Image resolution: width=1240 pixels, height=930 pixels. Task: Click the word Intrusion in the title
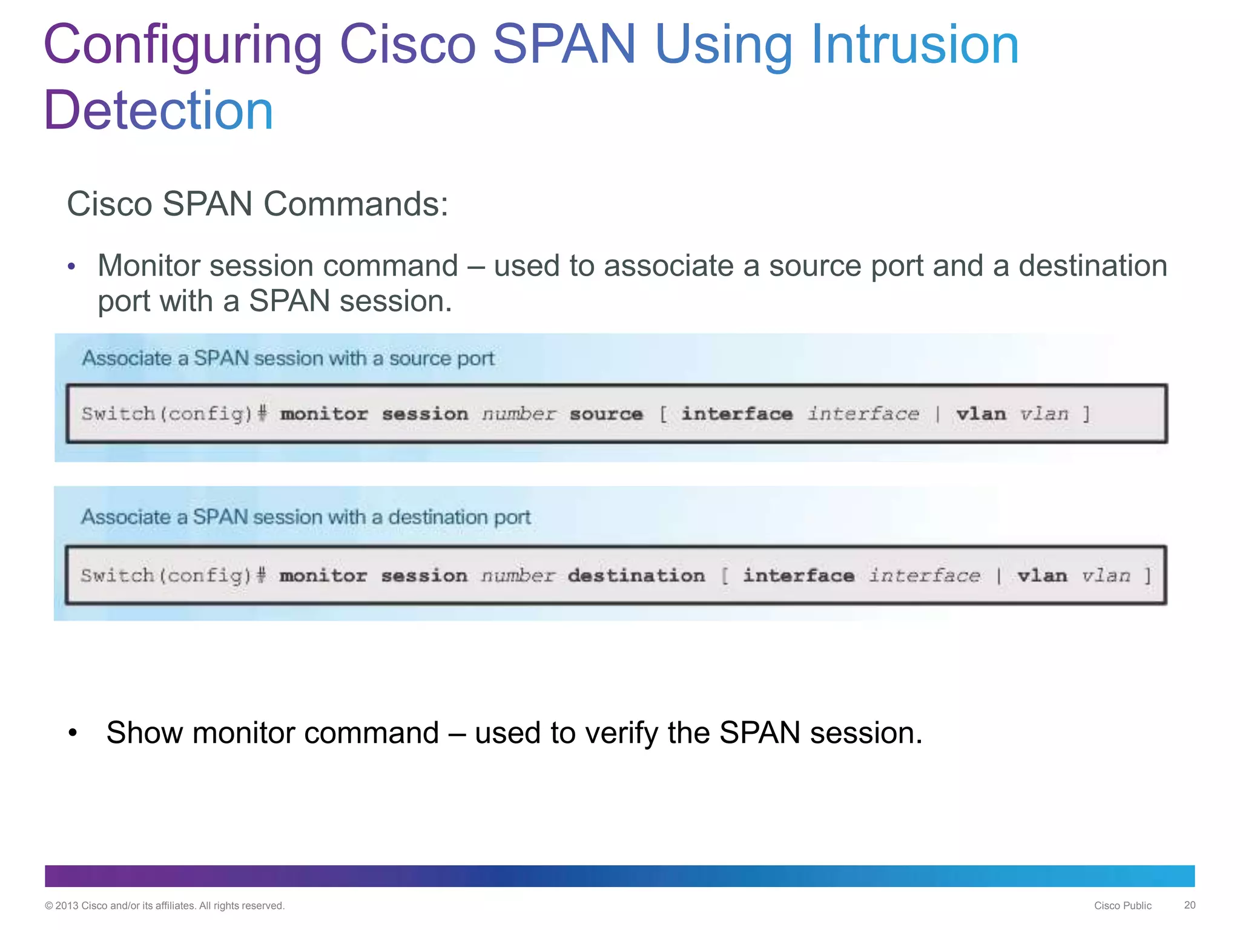tap(914, 45)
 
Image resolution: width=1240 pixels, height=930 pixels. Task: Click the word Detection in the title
tap(159, 110)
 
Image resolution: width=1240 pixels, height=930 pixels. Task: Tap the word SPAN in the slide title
tap(564, 45)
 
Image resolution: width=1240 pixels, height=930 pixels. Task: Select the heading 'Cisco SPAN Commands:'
tap(257, 203)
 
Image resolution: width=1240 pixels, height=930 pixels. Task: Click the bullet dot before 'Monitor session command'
tap(71, 266)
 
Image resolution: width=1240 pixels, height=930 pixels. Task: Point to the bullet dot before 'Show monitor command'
tap(73, 733)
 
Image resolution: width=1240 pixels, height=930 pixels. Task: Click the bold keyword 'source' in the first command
tap(606, 414)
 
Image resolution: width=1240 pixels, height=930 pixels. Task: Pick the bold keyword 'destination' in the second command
tap(636, 575)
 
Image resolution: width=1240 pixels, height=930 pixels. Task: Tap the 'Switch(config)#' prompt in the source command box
tap(174, 414)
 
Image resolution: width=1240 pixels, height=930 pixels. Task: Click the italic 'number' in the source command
tap(519, 414)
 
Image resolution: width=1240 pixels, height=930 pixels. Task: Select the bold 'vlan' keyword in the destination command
tap(1042, 575)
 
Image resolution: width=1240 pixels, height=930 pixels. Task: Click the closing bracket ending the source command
tap(1087, 414)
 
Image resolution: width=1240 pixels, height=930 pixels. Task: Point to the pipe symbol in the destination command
tap(998, 575)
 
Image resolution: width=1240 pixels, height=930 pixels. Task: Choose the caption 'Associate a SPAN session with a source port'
tap(288, 358)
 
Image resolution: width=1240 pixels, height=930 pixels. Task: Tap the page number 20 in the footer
tap(1190, 905)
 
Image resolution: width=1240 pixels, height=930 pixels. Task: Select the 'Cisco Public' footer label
tap(1123, 906)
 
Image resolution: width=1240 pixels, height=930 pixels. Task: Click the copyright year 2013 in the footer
tap(67, 906)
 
